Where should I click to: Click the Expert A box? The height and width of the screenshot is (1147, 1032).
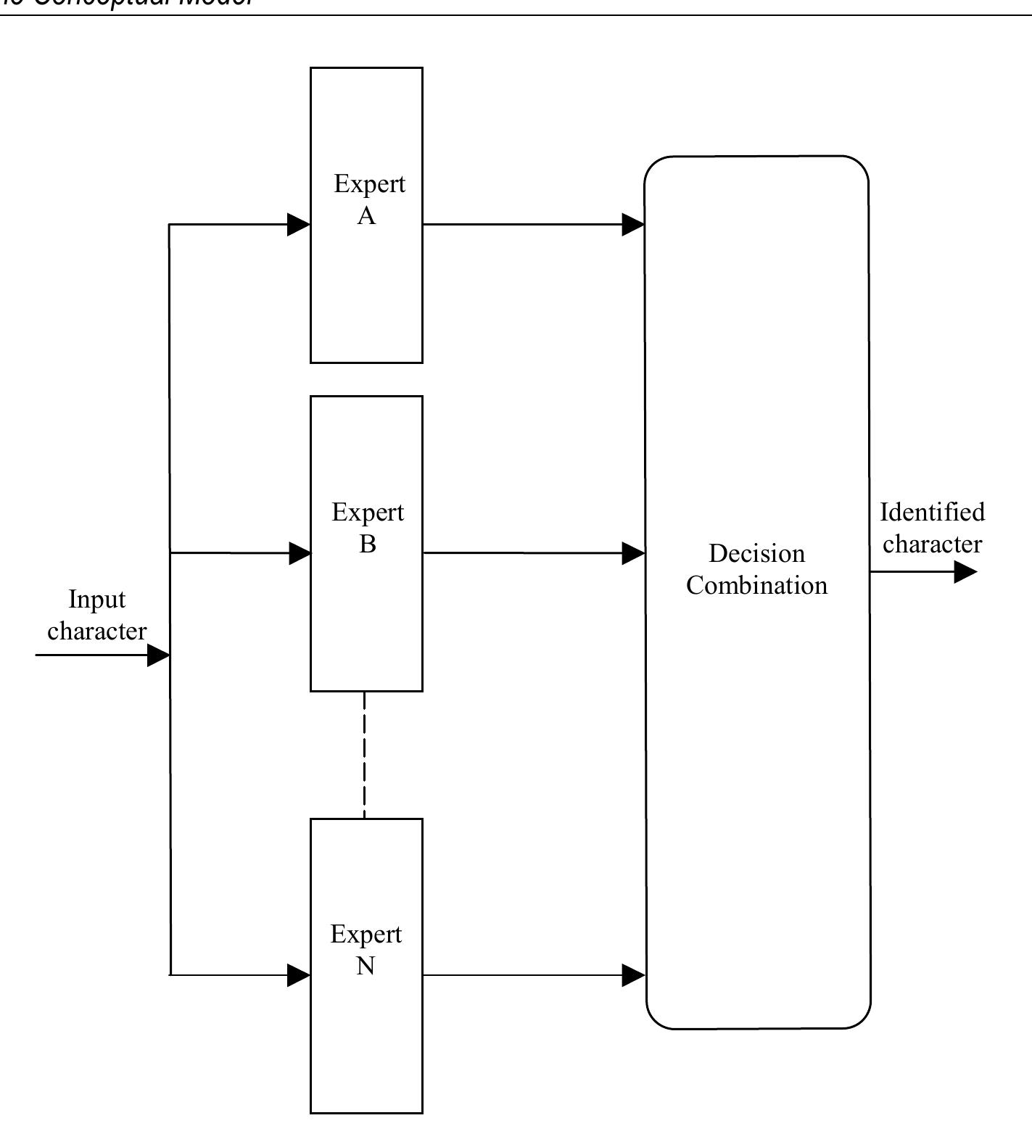coord(366,290)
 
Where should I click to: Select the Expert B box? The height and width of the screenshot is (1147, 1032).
coord(366,616)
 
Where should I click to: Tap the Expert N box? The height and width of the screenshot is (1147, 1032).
coord(366,1044)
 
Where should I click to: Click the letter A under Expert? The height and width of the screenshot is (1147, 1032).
coord(366,216)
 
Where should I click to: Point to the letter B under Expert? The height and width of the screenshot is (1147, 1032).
coord(368,544)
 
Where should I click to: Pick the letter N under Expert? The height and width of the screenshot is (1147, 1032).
coord(366,966)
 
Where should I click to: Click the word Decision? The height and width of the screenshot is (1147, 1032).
coord(756,554)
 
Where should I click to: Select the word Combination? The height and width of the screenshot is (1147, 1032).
coord(756,585)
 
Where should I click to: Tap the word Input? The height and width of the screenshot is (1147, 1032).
coord(96,600)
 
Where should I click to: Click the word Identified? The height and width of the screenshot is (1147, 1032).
coord(932,513)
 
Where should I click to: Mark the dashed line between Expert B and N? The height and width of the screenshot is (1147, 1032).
coord(364,754)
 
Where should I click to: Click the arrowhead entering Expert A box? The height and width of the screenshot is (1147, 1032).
coord(299,225)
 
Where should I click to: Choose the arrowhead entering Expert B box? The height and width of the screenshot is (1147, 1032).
coord(300,553)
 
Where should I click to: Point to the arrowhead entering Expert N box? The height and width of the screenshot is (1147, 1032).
coord(299,975)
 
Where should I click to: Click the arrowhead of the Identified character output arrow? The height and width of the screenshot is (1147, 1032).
coord(965,572)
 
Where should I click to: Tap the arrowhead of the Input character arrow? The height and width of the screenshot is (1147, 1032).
coord(158,655)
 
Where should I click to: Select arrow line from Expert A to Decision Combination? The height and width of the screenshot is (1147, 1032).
coord(522,225)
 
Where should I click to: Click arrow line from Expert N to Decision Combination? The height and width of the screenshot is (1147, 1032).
coord(522,975)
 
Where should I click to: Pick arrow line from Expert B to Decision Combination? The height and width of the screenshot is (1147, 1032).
coord(522,553)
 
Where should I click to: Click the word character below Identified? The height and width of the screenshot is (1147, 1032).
coord(932,544)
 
